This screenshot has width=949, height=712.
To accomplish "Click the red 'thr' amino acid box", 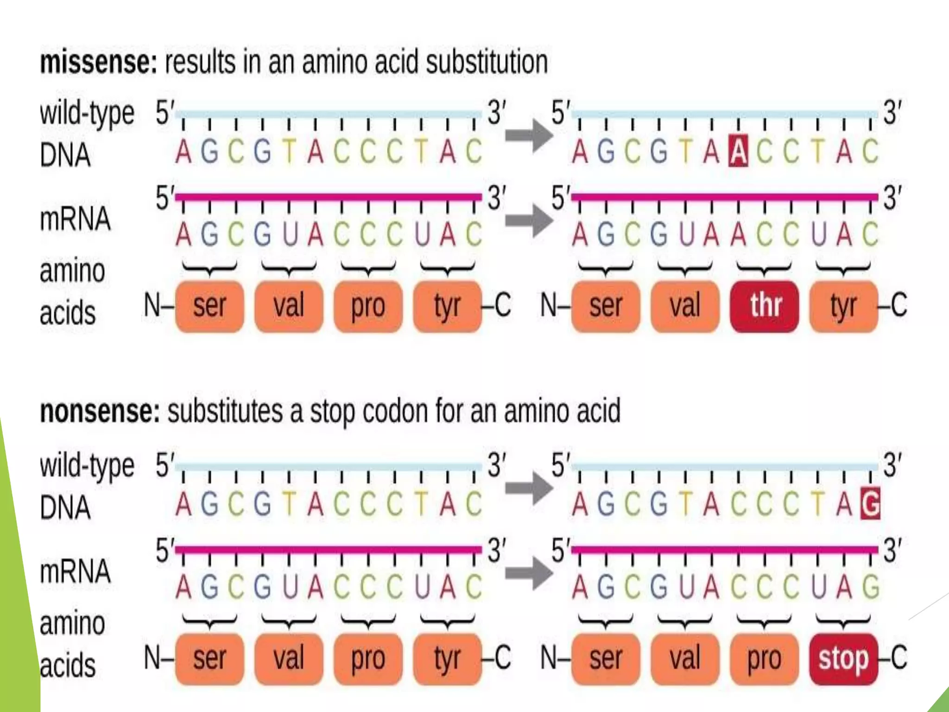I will (765, 306).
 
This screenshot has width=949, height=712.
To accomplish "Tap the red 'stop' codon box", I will (843, 658).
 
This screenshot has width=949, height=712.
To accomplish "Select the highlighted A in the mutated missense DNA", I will (738, 151).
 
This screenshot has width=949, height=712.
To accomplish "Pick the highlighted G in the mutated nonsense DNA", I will (870, 504).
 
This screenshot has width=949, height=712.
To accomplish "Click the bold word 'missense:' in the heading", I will (99, 62).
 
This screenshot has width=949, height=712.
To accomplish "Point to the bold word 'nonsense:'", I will (100, 411).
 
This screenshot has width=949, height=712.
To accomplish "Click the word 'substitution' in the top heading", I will (487, 62).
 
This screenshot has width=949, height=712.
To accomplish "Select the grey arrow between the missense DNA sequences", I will (529, 136).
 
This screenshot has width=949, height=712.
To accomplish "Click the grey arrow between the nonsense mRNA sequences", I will (529, 573).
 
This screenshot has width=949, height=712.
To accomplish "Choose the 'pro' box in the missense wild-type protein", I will (368, 306).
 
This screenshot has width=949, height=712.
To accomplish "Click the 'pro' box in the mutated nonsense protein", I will (765, 658).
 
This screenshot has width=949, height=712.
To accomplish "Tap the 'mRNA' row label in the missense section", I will (75, 219).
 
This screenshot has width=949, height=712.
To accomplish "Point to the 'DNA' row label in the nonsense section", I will (65, 507).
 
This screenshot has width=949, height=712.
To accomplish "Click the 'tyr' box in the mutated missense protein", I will (843, 306).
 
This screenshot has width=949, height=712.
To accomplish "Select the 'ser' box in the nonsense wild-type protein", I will (209, 658).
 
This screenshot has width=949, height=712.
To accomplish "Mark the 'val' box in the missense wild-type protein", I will (289, 306).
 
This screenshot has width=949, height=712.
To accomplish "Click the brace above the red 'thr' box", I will (764, 268).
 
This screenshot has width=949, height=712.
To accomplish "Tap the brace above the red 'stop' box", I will (843, 621).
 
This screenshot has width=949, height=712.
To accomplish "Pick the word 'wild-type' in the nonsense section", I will (87, 466).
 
